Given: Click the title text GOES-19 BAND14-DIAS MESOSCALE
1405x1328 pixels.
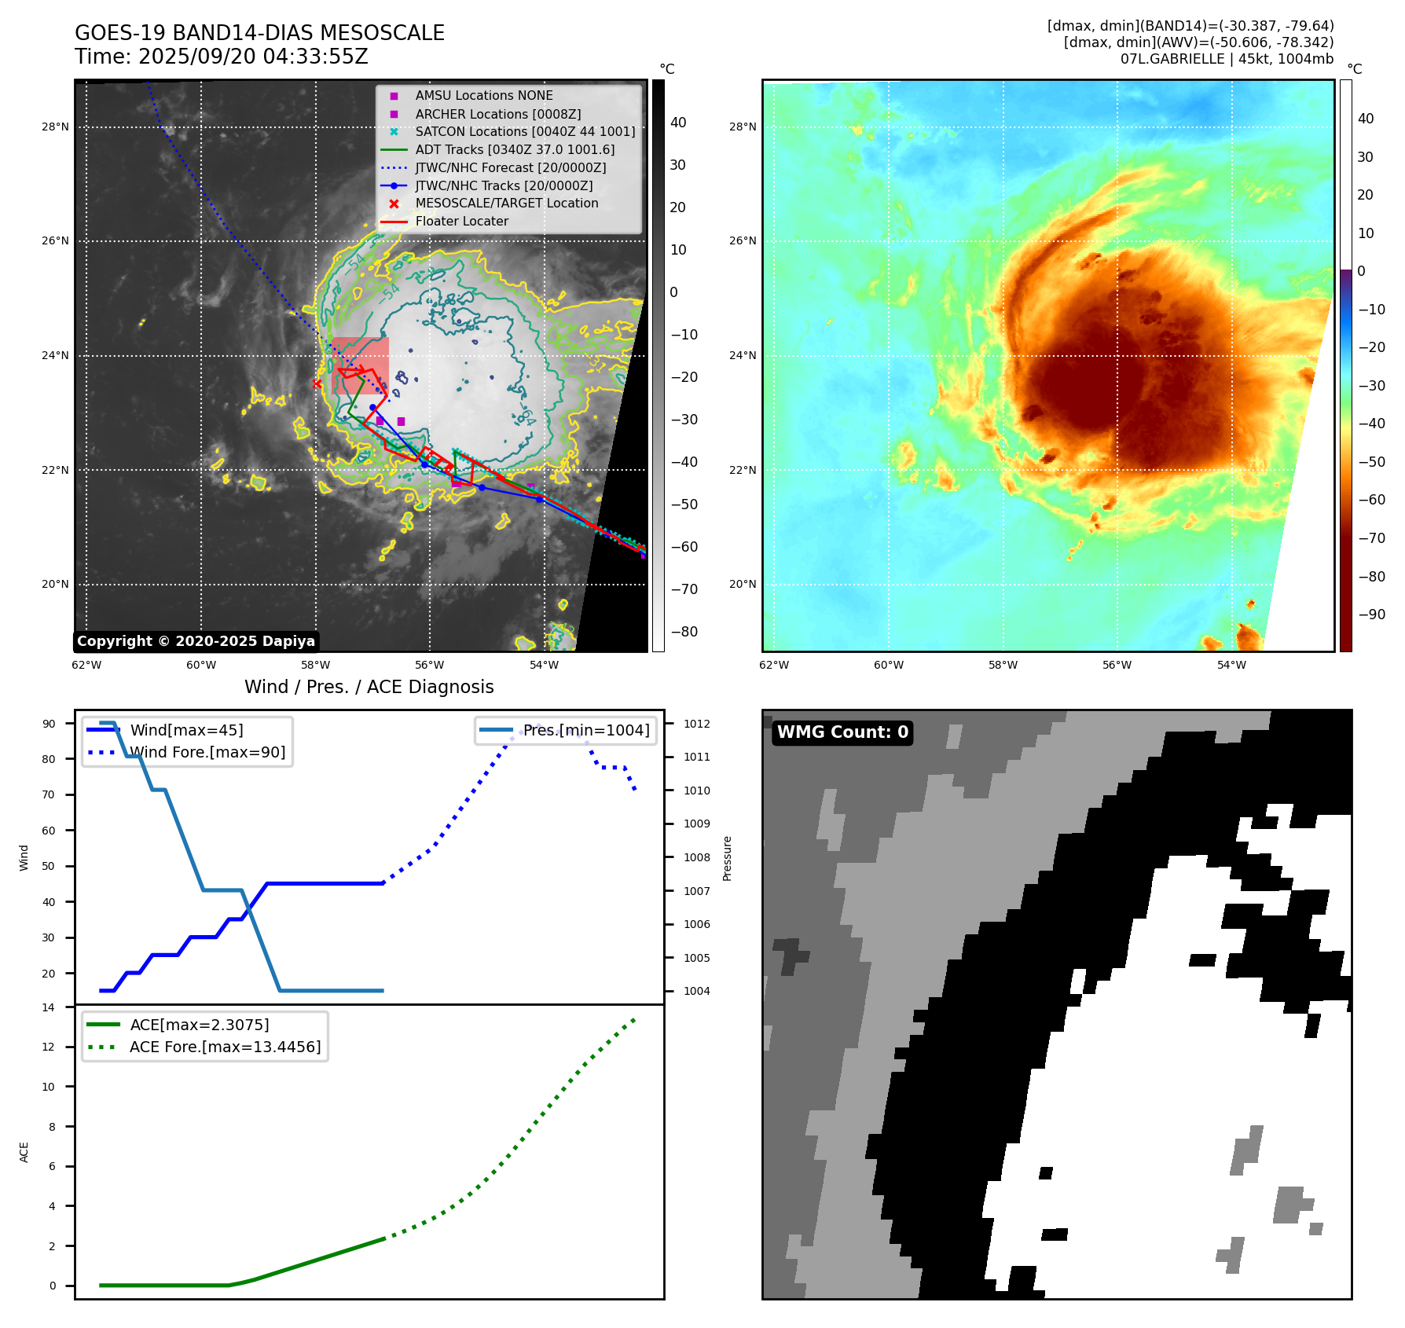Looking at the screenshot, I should (x=259, y=33).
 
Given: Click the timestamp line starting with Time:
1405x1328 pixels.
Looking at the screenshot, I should (x=222, y=57).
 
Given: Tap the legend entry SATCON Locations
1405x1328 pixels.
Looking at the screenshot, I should (x=525, y=131).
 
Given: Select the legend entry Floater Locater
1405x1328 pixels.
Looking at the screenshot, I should (x=461, y=222).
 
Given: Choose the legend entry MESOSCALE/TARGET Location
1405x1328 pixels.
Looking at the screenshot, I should (x=506, y=204).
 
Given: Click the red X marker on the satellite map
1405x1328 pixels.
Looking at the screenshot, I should (x=317, y=383).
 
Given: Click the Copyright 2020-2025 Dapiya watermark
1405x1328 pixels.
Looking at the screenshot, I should (x=196, y=641).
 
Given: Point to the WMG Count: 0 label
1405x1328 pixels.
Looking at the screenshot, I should (x=842, y=732).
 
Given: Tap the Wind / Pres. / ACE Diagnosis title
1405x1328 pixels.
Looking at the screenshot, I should (x=369, y=687).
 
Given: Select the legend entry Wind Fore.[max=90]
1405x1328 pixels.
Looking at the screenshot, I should (x=207, y=753).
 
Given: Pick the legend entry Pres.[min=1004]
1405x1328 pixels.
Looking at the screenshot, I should (x=586, y=731).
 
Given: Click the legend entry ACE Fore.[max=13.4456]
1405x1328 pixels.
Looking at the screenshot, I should (x=225, y=1047).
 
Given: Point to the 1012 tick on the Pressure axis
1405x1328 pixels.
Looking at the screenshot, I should (x=696, y=724).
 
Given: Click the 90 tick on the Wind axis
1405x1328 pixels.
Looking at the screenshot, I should (x=49, y=724).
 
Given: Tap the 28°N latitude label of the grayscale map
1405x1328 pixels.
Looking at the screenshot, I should (x=55, y=127).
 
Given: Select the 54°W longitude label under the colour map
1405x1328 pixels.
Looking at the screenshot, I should (x=1231, y=665).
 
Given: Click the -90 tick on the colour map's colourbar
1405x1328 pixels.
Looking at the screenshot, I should (x=1372, y=614).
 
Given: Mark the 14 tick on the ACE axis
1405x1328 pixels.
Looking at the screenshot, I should (x=49, y=1007).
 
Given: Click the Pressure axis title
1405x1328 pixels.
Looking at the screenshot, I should (x=728, y=858).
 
